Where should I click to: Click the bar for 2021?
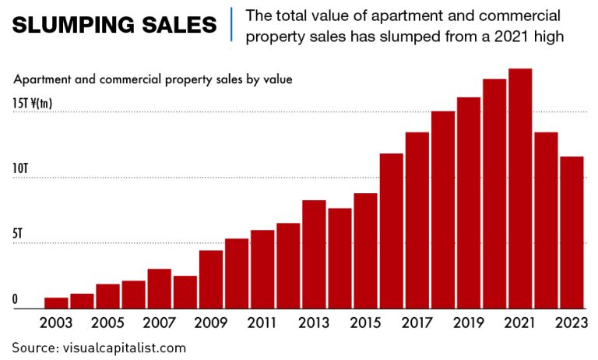coord(520,189)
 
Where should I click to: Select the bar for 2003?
coord(56,303)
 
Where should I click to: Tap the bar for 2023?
coord(572,232)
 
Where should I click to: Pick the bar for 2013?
coord(314,254)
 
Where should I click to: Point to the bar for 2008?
coord(185,292)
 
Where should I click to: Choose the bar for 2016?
coord(392,231)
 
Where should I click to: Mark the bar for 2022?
coord(546,221)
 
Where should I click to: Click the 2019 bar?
coord(469,203)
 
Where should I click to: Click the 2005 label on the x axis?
coord(107,323)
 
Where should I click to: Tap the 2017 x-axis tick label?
coord(417,323)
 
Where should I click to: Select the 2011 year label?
coord(262,323)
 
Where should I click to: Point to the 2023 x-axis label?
coord(572,323)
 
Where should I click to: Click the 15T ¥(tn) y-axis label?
coord(33,103)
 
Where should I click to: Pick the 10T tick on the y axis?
coord(21,169)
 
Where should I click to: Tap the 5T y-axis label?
coord(19,233)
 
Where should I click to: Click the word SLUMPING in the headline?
coord(74,25)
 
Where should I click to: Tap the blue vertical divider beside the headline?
coord(231,23)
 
